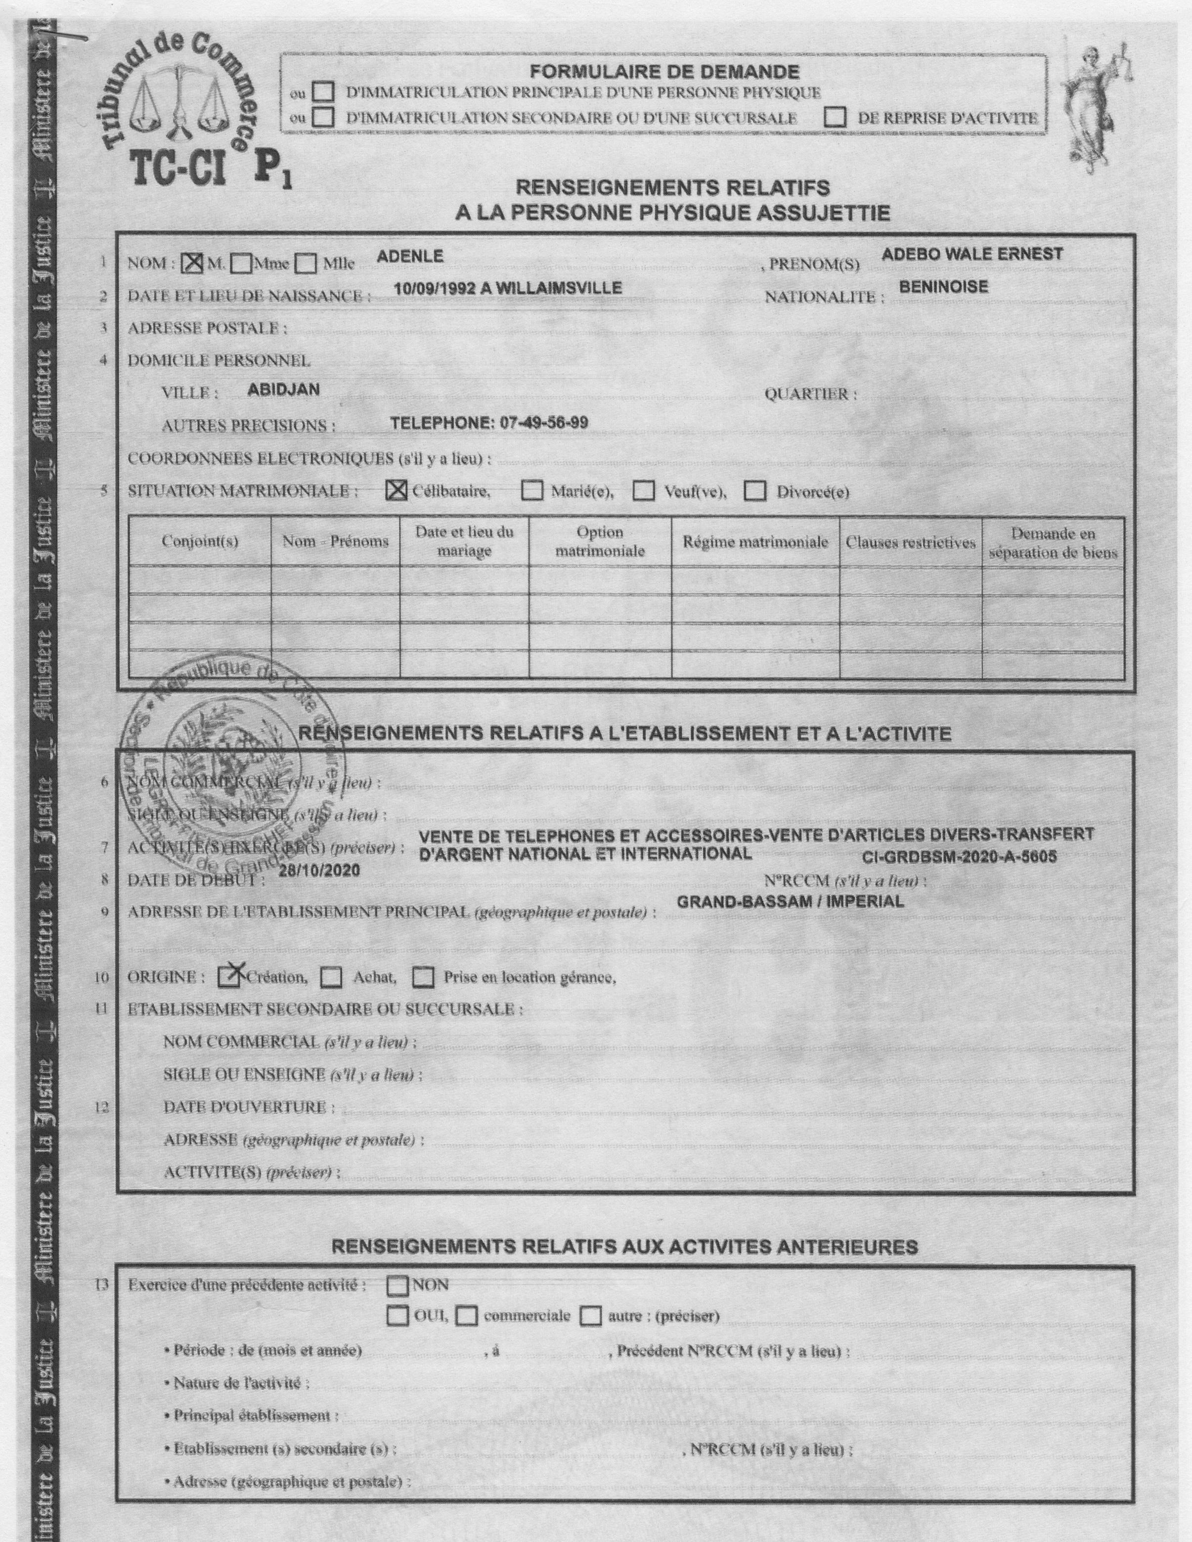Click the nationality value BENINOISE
(x=943, y=287)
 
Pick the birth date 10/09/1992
(x=432, y=288)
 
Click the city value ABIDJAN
(x=283, y=390)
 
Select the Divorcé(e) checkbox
(x=755, y=491)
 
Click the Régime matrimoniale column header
(x=755, y=542)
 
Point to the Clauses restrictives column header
(x=910, y=542)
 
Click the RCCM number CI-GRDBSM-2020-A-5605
(x=959, y=857)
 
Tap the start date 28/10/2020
(x=319, y=871)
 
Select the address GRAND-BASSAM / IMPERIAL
(x=790, y=902)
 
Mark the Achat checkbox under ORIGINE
(x=331, y=978)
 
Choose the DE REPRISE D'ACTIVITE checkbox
(x=835, y=118)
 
